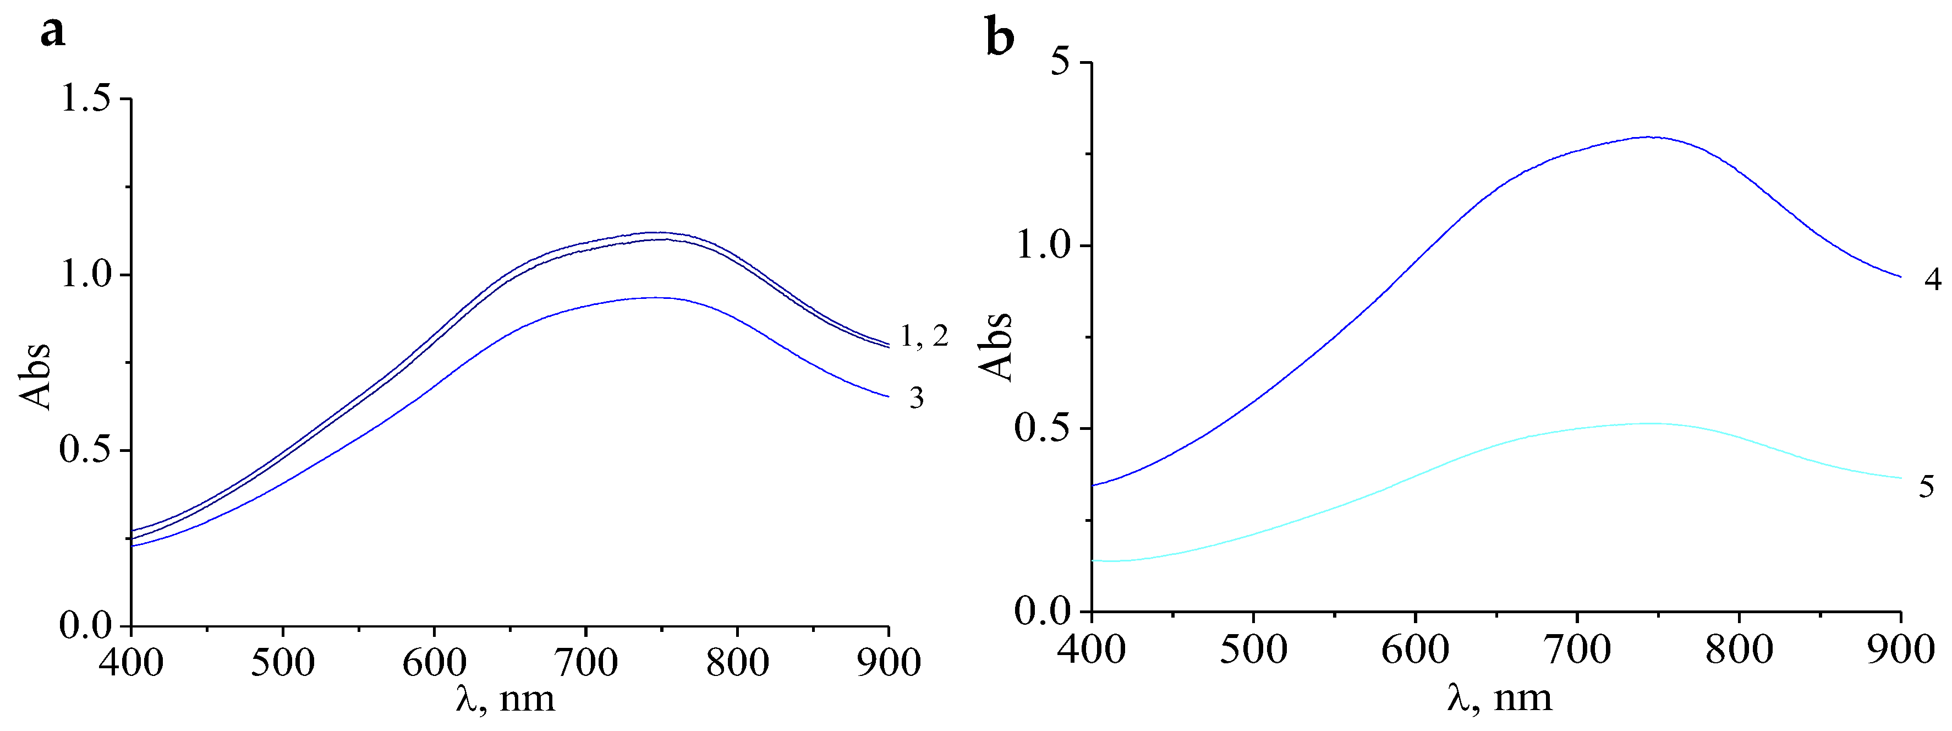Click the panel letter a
(53, 32)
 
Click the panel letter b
(1000, 38)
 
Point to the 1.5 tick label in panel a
(85, 99)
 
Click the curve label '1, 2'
(924, 336)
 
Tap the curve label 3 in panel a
(917, 398)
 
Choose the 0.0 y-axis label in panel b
(1042, 611)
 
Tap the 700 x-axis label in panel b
(1576, 650)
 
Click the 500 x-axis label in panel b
(1253, 650)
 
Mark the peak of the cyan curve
(1648, 424)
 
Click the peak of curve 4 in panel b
(1648, 137)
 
